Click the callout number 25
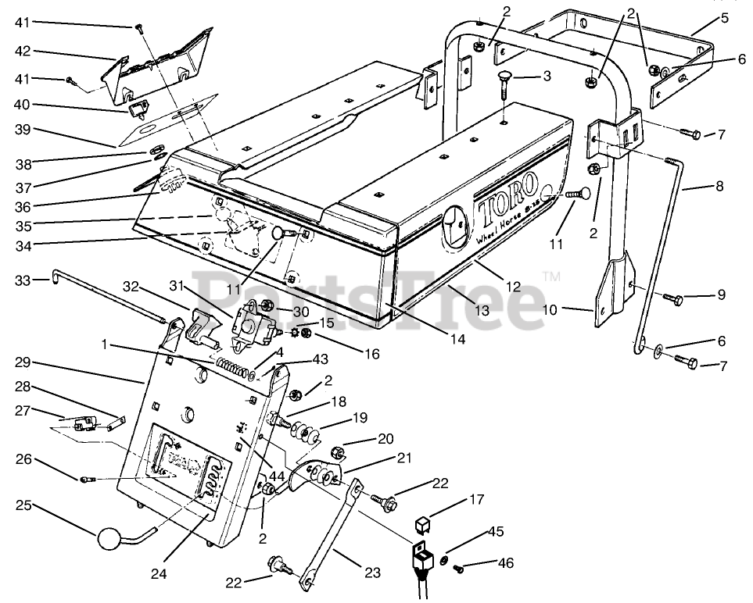point(23,506)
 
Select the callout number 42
point(23,52)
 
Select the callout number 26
point(23,459)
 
